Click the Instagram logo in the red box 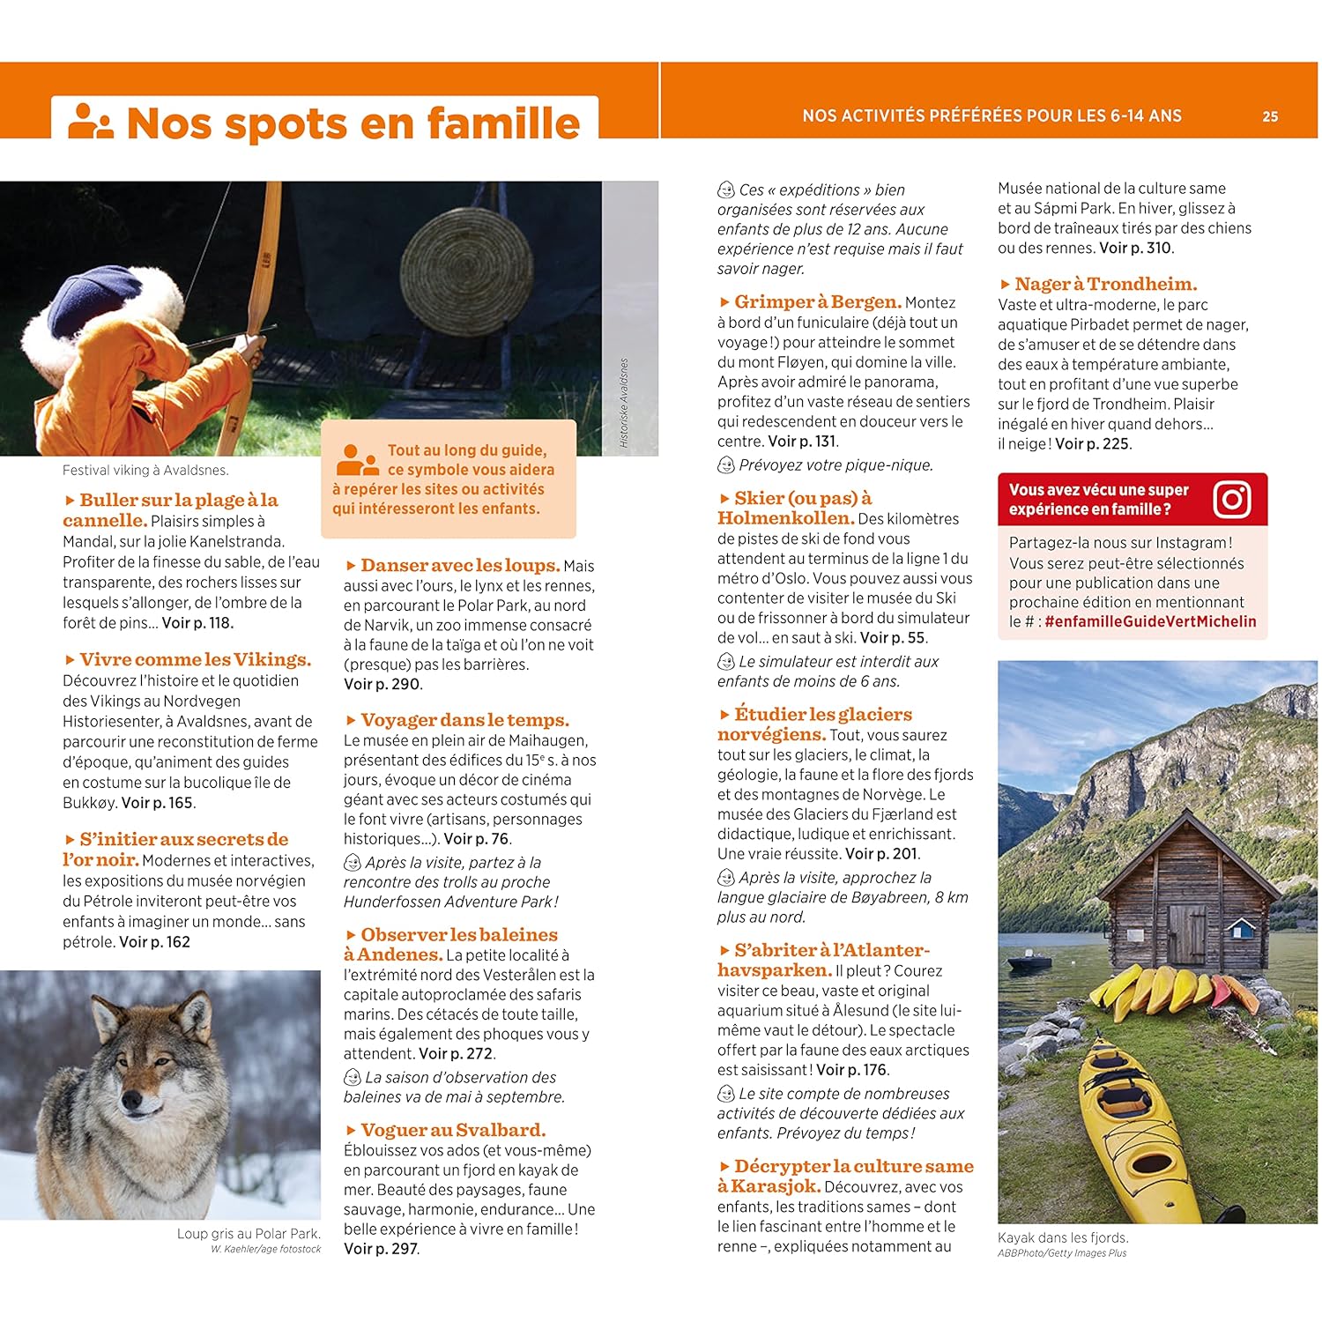[1231, 500]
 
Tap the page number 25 [1269, 116]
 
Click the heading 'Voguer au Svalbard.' [453, 1130]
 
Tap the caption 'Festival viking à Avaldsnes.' [145, 471]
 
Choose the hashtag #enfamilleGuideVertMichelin [1150, 621]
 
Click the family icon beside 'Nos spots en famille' [91, 122]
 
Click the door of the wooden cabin [1186, 933]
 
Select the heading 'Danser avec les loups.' [460, 566]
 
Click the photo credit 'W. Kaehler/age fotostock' [265, 1249]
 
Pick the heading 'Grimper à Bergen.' [817, 302]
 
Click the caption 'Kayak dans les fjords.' [1062, 1237]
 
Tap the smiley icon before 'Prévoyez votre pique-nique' [726, 464]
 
